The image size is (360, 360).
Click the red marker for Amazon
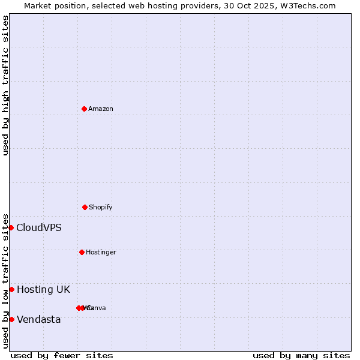[84, 109]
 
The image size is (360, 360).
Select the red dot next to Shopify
[85, 207]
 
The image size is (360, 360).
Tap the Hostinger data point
[82, 252]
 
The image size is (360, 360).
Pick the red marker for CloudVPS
[11, 227]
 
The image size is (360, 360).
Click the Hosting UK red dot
[11, 289]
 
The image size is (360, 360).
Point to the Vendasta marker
[11, 319]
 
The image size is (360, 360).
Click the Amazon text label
[101, 109]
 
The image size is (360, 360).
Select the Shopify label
[101, 207]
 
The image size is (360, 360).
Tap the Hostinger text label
[101, 252]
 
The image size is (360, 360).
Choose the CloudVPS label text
[39, 227]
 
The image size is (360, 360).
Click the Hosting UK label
[43, 289]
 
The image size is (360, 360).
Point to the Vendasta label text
[39, 319]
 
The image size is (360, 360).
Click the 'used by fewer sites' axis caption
[62, 355]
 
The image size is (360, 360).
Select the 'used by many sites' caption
[301, 355]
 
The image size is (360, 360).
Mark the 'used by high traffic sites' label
[5, 85]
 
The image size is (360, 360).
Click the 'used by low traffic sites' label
[5, 281]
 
